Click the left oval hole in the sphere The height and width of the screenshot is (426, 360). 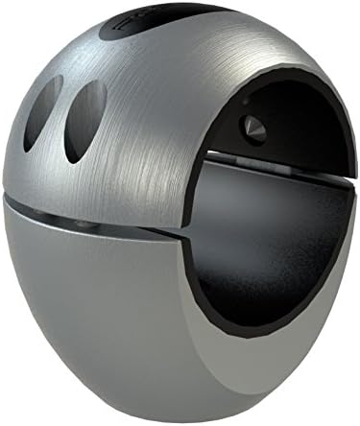[44, 112]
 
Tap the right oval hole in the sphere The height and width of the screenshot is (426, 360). [85, 119]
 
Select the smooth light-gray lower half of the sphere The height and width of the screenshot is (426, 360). [106, 317]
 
